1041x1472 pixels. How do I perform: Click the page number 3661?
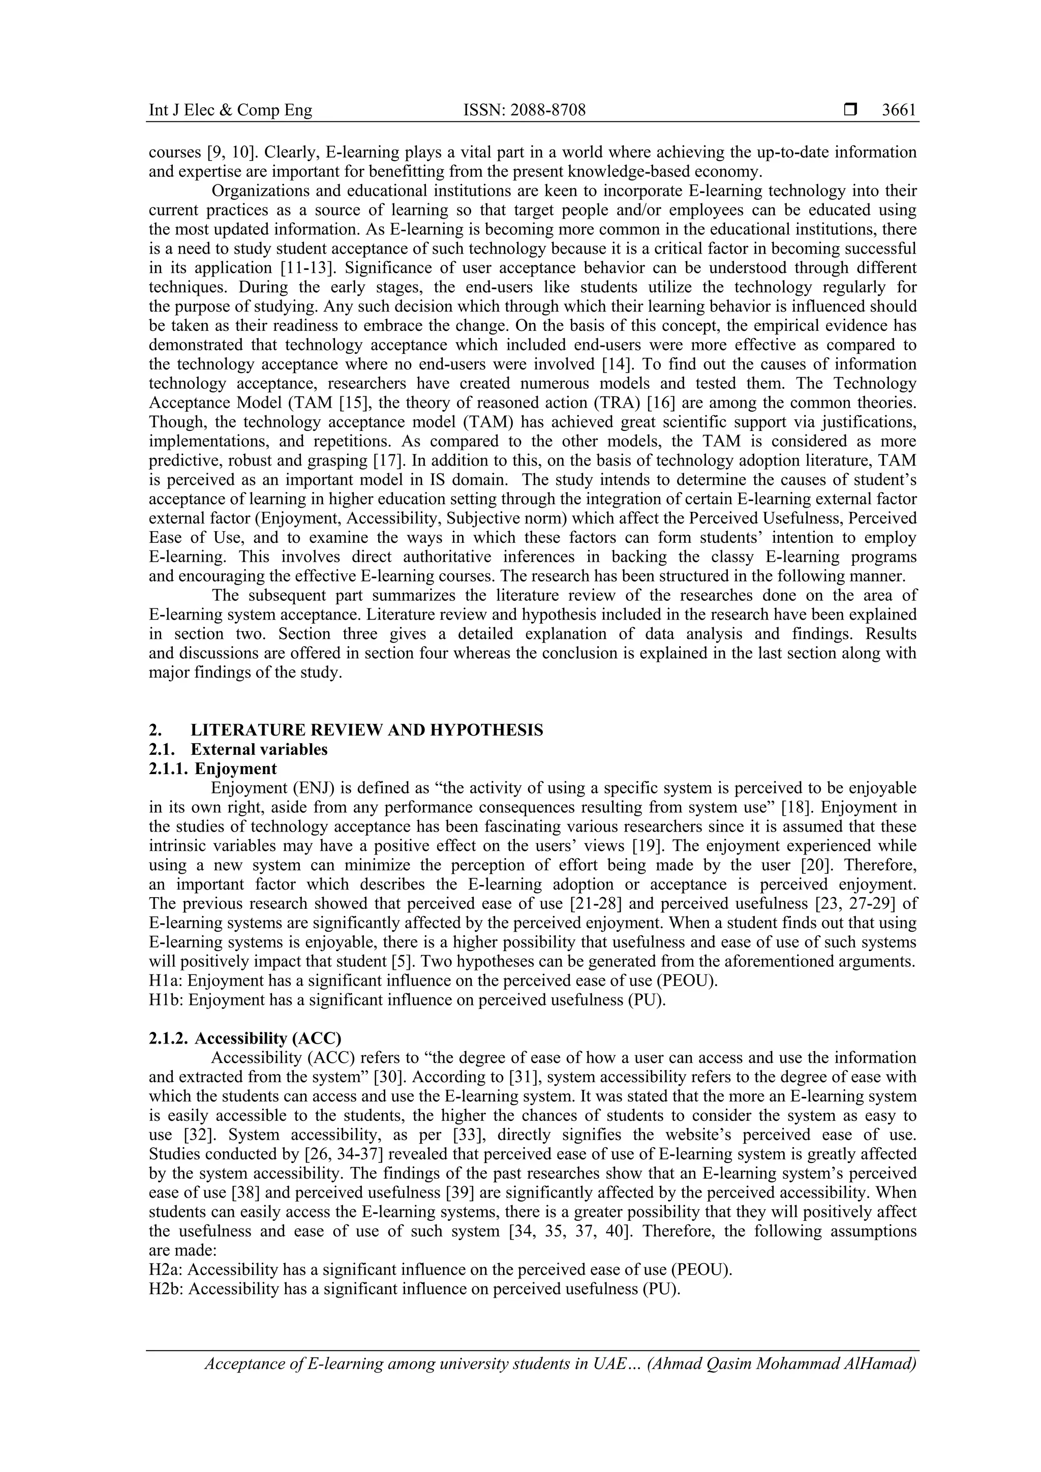click(x=899, y=110)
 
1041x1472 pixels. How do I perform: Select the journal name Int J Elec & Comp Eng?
click(x=230, y=110)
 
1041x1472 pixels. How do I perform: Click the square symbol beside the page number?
click(x=850, y=110)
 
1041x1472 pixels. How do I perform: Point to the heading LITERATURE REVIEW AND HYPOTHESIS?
click(x=366, y=730)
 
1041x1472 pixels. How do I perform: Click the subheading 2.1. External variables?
click(x=238, y=749)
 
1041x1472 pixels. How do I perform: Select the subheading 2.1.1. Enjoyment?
click(x=213, y=769)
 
